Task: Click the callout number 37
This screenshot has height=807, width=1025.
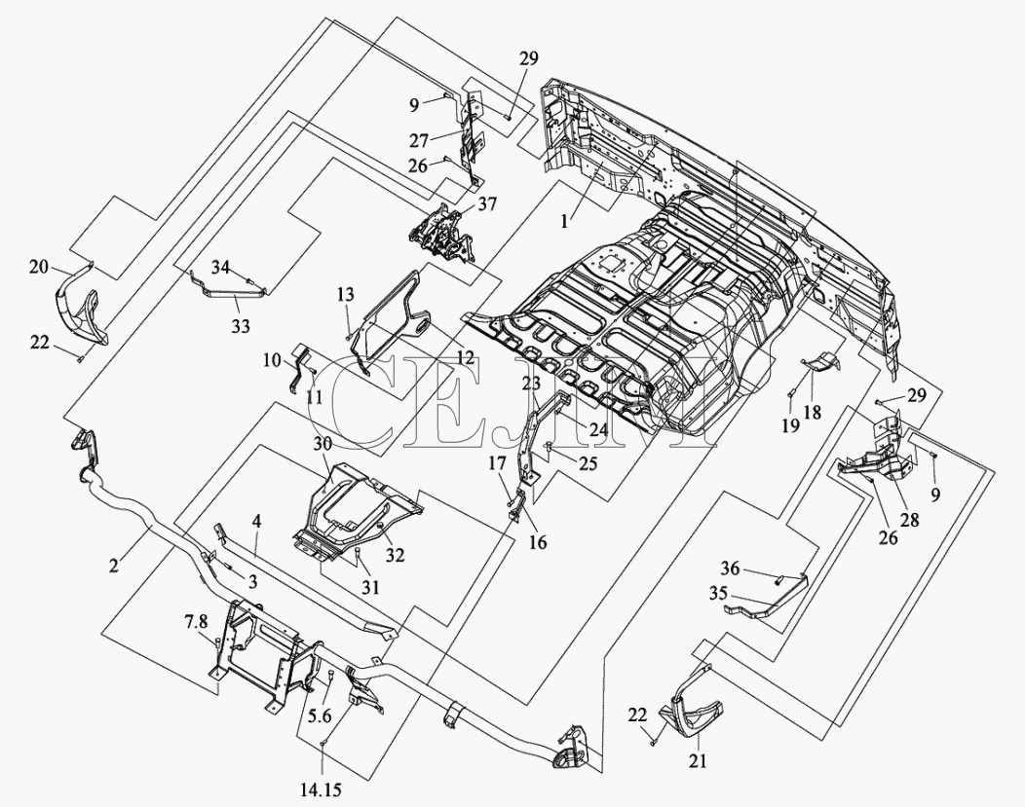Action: coord(487,204)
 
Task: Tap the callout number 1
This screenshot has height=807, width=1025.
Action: coord(564,221)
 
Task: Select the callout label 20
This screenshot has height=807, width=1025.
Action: coord(39,266)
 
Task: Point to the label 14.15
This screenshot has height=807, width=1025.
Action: coord(321,790)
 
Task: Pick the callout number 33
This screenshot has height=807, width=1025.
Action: coord(241,325)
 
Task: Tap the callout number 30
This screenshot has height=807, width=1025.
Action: coord(323,443)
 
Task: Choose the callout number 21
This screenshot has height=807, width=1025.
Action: coord(698,760)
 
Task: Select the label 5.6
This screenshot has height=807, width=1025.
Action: coord(321,715)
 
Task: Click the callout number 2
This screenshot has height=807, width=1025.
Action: coord(114,566)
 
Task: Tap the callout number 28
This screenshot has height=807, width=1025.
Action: coord(909,520)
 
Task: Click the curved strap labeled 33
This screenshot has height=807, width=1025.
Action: coord(230,287)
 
